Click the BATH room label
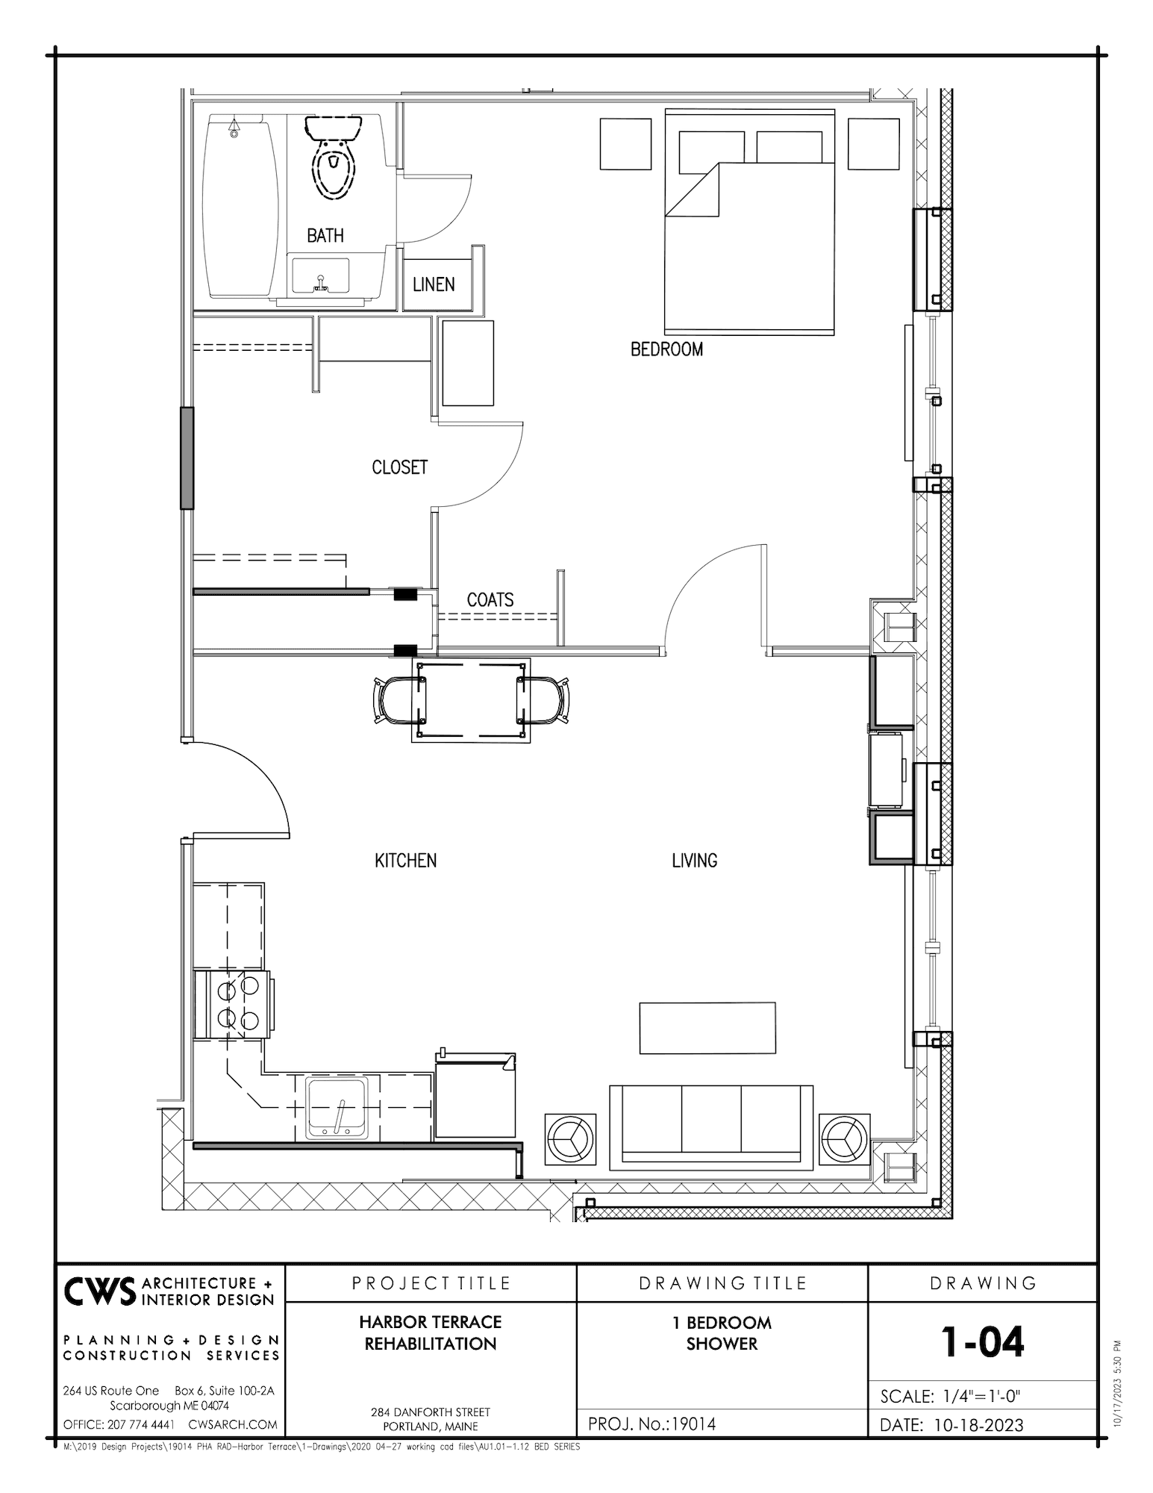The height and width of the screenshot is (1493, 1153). click(x=325, y=235)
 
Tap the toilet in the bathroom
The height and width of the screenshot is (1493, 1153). click(x=333, y=158)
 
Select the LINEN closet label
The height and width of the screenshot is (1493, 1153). click(x=434, y=284)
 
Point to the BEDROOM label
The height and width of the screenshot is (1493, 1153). click(x=666, y=349)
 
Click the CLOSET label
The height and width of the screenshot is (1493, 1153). click(x=399, y=467)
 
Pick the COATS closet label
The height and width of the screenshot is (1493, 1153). click(x=490, y=599)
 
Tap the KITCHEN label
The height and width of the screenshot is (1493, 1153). click(x=405, y=861)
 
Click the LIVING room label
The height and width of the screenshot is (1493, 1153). click(x=694, y=861)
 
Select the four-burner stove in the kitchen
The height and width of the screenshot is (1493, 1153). click(x=234, y=1003)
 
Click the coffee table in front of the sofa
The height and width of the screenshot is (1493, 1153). click(x=707, y=1028)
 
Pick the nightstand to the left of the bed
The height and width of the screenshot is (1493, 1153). click(x=626, y=144)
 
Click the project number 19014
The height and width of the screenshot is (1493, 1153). click(x=693, y=1424)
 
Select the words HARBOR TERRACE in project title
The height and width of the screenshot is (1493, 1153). click(x=430, y=1322)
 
